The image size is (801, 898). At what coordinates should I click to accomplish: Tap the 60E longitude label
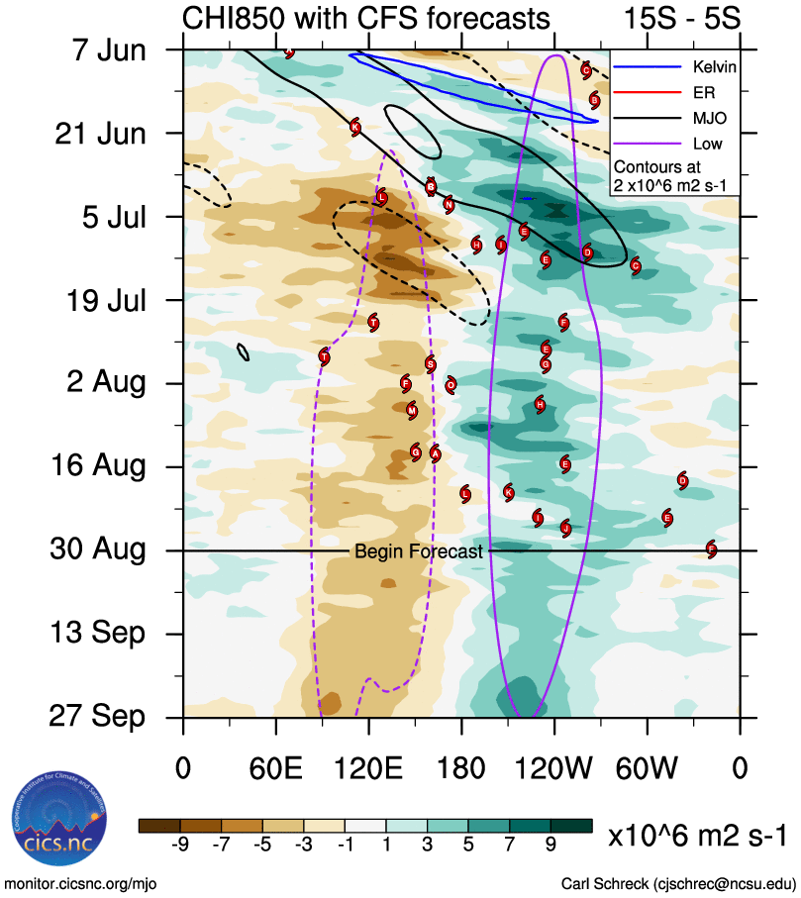pos(274,767)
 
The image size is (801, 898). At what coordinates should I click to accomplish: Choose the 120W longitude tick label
pos(554,767)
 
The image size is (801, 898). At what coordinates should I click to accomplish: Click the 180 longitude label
pos(461,767)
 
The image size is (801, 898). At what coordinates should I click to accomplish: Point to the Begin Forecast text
pos(419,551)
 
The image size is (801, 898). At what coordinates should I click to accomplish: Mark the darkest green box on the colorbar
pos(572,826)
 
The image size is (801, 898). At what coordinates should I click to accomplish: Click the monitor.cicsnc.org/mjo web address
pos(80,882)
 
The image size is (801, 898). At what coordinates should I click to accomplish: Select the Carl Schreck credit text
pos(678,882)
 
